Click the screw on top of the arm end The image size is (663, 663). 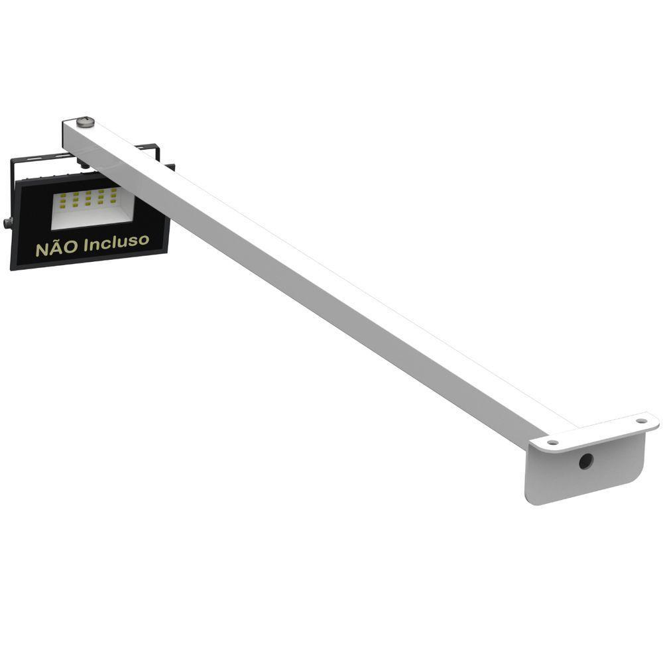pyautogui.click(x=85, y=122)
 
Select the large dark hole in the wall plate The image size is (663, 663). pyautogui.click(x=585, y=461)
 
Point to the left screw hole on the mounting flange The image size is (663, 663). pyautogui.click(x=552, y=442)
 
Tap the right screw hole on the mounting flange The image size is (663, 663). pyautogui.click(x=641, y=420)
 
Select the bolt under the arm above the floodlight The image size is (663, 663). pyautogui.click(x=83, y=162)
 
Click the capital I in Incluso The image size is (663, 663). pyautogui.click(x=85, y=245)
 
